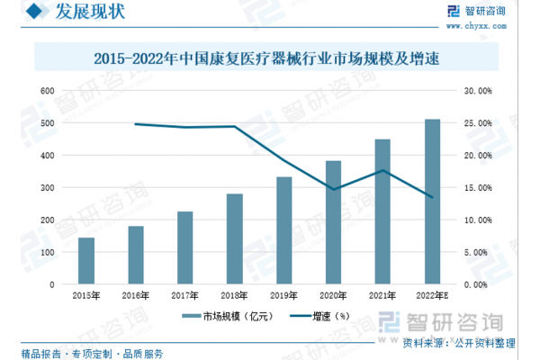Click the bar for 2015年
pyautogui.click(x=86, y=261)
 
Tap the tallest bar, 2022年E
pyautogui.click(x=432, y=202)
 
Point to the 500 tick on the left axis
pyautogui.click(x=48, y=123)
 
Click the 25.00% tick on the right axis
pyautogui.click(x=477, y=123)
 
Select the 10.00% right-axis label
pyautogui.click(x=477, y=220)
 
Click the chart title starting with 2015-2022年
pyautogui.click(x=271, y=59)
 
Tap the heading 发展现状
pyautogui.click(x=90, y=13)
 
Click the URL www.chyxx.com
pyautogui.click(x=490, y=25)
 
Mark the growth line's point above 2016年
pyautogui.click(x=136, y=124)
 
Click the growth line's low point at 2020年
pyautogui.click(x=333, y=190)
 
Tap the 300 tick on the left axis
pyautogui.click(x=48, y=188)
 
